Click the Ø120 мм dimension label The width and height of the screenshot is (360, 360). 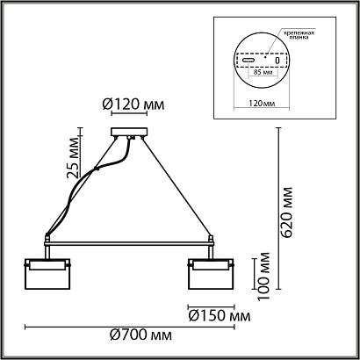pos(133,104)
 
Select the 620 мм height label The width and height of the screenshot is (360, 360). pos(285,212)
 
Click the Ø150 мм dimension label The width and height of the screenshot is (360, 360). pos(220,316)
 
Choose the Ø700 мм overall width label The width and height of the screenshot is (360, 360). pos(140,335)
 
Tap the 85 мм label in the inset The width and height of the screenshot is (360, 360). pos(262,72)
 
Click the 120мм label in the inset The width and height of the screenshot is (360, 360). pos(262,104)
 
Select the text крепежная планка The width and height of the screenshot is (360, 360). pos(299,35)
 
